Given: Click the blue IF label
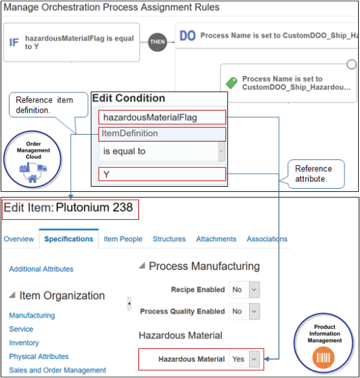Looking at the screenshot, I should click(x=14, y=42).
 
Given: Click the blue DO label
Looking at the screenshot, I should click(x=187, y=36).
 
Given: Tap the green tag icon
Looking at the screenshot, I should click(x=230, y=83).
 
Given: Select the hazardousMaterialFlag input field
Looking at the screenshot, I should click(x=162, y=117).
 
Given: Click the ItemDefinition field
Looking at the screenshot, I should click(x=162, y=133).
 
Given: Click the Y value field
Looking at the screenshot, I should click(x=162, y=174).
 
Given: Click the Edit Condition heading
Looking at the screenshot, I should click(x=128, y=98).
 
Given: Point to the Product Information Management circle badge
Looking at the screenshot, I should click(x=325, y=344).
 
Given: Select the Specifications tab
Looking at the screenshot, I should click(x=68, y=239).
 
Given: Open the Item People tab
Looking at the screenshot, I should click(x=123, y=239).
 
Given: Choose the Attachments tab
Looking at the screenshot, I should click(x=216, y=239).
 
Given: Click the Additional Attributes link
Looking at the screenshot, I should click(x=41, y=269).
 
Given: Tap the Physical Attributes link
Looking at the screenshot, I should click(x=38, y=357).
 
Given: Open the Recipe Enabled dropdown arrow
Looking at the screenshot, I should click(x=254, y=290).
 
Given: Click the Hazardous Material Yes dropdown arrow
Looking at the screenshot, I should click(x=254, y=358).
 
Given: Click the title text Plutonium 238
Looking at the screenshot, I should click(x=94, y=208).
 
